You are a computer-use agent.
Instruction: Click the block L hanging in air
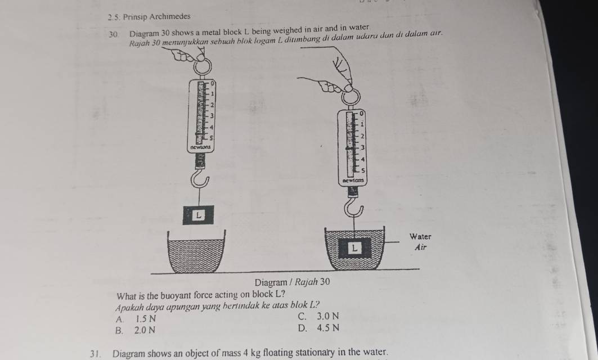pyautogui.click(x=197, y=215)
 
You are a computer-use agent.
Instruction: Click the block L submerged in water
pyautogui.click(x=354, y=248)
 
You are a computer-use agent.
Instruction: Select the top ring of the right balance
pyautogui.click(x=350, y=97)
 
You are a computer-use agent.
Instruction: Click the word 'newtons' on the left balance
pyautogui.click(x=200, y=147)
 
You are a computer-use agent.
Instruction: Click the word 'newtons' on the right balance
pyautogui.click(x=353, y=180)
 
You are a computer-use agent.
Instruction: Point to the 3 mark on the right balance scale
pyautogui.click(x=363, y=147)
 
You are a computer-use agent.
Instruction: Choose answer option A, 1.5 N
pyautogui.click(x=136, y=318)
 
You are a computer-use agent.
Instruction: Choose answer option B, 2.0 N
pyautogui.click(x=136, y=330)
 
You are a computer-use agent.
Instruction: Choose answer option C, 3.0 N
pyautogui.click(x=318, y=316)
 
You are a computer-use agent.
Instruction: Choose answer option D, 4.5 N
pyautogui.click(x=318, y=328)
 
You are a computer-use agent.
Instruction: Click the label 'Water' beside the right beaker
pyautogui.click(x=420, y=236)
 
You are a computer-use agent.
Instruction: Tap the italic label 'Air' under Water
pyautogui.click(x=420, y=247)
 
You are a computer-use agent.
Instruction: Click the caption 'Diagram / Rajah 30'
pyautogui.click(x=292, y=282)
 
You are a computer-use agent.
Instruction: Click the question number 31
pyautogui.click(x=95, y=353)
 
